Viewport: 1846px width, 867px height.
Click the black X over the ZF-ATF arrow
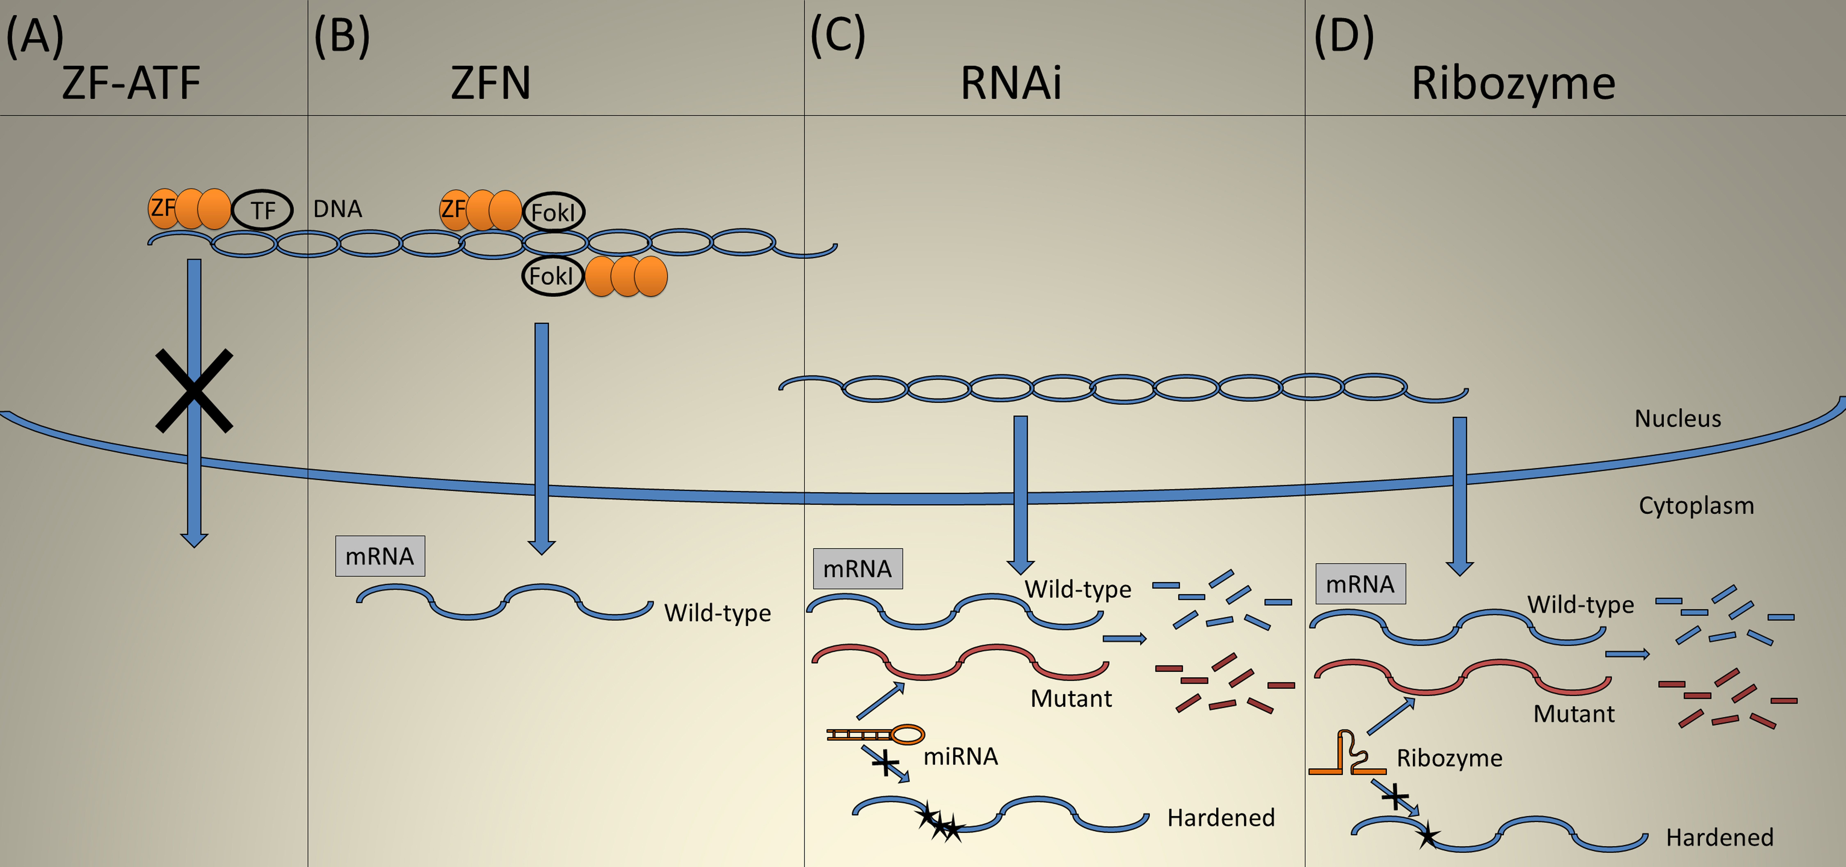194,390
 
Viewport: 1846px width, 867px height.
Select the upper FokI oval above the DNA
553,212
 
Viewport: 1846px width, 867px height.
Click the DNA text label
338,209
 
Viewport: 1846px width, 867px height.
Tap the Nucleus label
1678,419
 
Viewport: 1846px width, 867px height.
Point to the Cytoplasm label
1696,506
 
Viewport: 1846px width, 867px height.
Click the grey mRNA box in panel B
380,556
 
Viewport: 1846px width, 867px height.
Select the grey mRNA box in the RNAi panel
858,569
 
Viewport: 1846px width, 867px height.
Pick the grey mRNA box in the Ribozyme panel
1360,584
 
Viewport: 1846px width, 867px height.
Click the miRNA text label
960,757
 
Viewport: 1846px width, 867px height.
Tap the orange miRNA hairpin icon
876,735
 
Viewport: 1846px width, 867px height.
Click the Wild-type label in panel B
717,613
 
